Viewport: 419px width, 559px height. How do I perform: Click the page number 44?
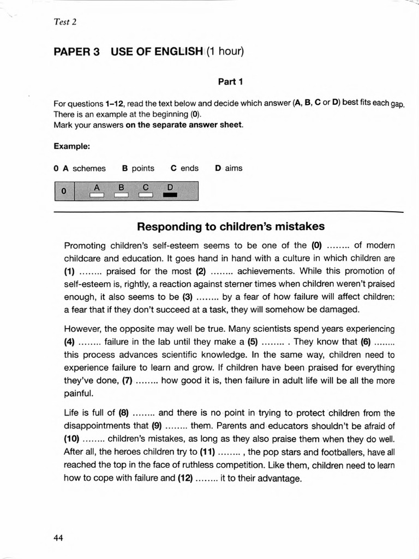(x=58, y=538)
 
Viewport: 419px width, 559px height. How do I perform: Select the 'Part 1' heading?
(x=230, y=82)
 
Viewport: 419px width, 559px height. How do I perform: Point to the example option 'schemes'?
(x=89, y=168)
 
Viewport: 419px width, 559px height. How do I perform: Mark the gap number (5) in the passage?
(x=253, y=342)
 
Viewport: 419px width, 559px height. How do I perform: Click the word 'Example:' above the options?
(x=72, y=146)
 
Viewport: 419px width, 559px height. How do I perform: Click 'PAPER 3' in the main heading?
(x=76, y=52)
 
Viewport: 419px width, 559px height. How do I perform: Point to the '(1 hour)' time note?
(x=224, y=52)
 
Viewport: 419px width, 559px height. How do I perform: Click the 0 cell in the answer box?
(x=64, y=192)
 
